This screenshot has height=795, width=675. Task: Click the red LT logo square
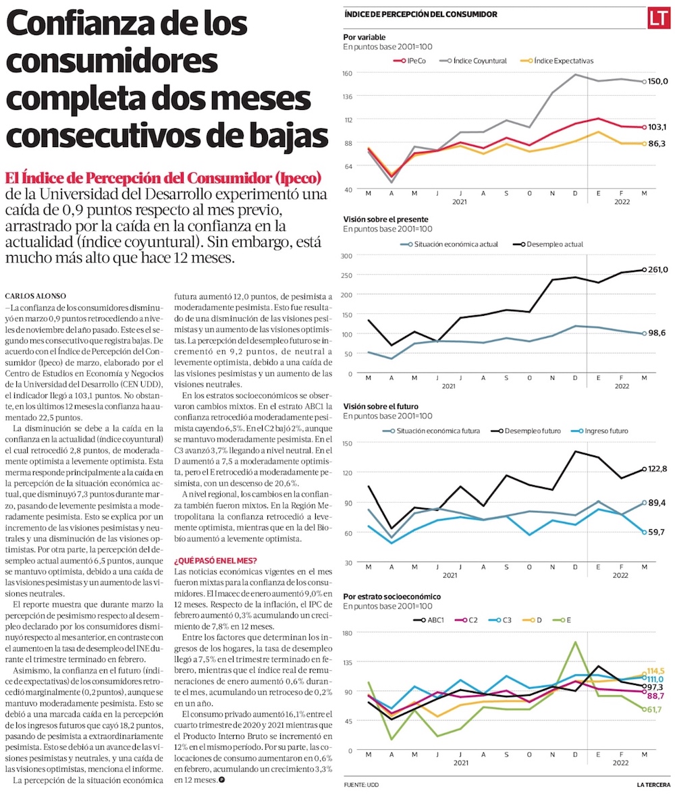tap(657, 19)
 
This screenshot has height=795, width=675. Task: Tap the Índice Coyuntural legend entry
tap(480, 61)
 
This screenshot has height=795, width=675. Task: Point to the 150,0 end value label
tap(658, 82)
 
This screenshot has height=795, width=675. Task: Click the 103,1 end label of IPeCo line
tap(658, 127)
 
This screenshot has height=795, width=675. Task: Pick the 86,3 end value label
tap(658, 144)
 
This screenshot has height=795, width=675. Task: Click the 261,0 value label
tap(658, 270)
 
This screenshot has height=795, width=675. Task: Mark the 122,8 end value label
tap(658, 468)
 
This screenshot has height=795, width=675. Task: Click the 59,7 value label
tap(658, 532)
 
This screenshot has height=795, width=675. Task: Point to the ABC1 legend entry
tap(431, 619)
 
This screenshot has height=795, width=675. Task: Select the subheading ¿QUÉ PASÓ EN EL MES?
tap(215, 560)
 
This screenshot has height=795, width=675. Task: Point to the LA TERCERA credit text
tap(653, 784)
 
